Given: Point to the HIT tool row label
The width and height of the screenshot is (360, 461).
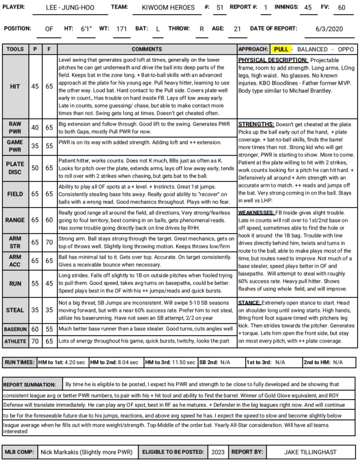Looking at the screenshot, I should point(15,87).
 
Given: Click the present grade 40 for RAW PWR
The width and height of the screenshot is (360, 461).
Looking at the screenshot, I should point(35,128).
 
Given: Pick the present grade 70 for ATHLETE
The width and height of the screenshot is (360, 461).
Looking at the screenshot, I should point(35,341).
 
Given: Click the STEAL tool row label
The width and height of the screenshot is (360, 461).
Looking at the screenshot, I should point(15,310).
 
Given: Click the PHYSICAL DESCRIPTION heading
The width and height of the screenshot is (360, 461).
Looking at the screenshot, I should point(272,59).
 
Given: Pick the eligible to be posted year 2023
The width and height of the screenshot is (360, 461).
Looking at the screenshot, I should point(217,451).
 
